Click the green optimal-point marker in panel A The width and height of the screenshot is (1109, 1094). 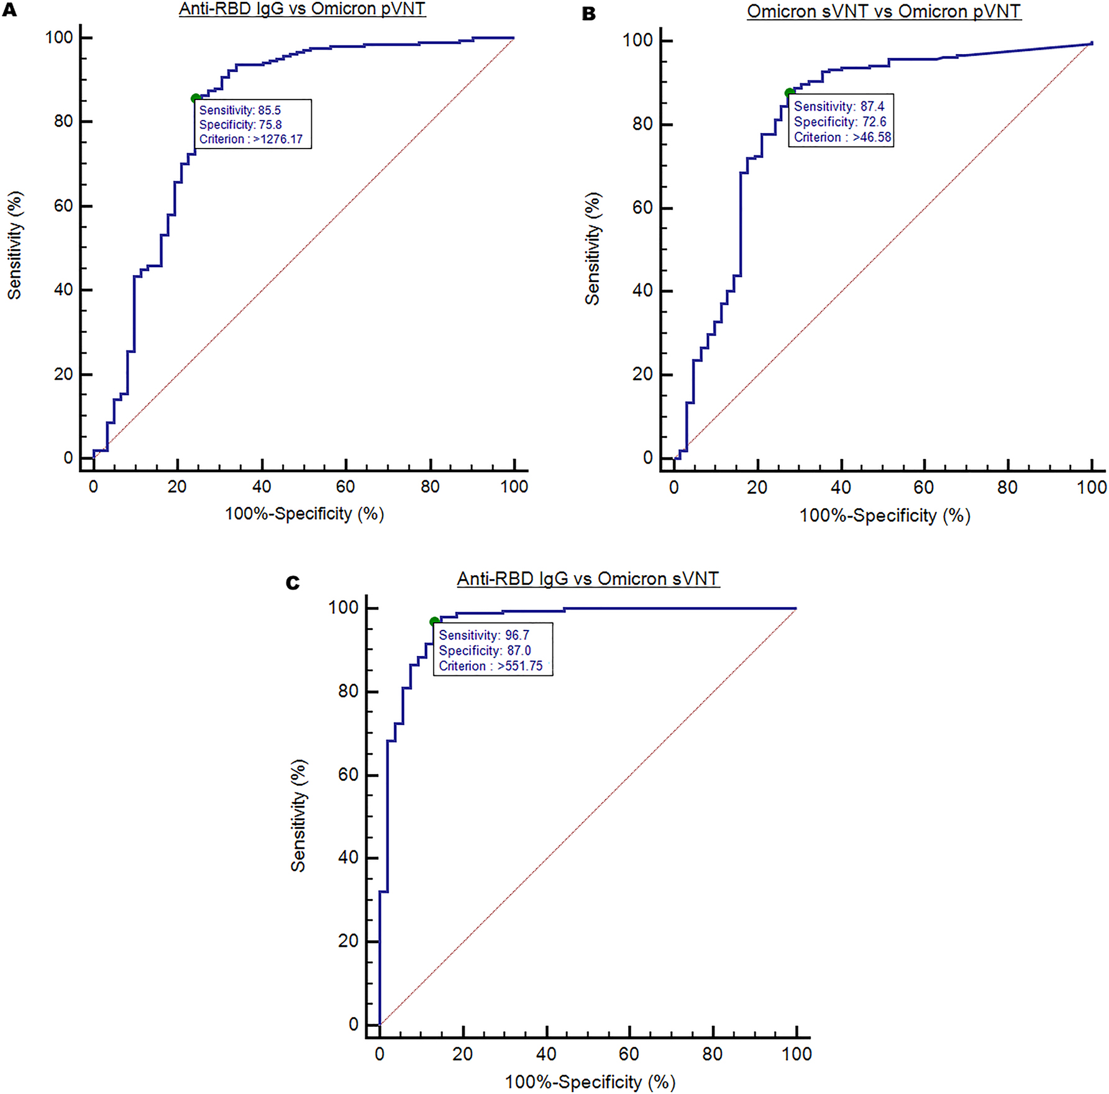pos(196,98)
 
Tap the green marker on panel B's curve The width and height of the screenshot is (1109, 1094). pos(789,93)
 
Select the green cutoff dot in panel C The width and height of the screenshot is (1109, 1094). pos(434,622)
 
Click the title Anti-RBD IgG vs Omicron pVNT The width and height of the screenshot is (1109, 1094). pos(302,9)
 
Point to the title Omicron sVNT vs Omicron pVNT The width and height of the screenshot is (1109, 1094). pos(883,11)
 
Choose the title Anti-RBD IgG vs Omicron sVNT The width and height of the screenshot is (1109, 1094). pos(588,578)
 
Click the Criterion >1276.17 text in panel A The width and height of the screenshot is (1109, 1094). pos(251,139)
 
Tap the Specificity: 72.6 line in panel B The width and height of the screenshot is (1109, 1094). pos(840,122)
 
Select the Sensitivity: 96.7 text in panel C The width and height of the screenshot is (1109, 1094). pos(484,635)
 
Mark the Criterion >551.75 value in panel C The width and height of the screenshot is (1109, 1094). pos(491,666)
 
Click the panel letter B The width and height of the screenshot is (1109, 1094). pos(588,14)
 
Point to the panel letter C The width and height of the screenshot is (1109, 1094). pos(293,583)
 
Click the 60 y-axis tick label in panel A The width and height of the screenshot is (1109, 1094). pos(63,206)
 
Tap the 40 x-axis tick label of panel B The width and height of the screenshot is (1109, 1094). pos(841,487)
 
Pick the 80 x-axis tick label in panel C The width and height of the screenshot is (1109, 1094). pos(712,1054)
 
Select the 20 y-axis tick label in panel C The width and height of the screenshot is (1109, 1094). pos(349,941)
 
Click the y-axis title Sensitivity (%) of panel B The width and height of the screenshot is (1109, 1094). pos(593,248)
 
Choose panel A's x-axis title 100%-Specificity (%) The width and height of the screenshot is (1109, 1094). pos(304,514)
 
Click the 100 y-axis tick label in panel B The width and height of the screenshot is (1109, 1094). pos(637,40)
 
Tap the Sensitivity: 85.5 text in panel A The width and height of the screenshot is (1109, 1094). pos(240,110)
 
